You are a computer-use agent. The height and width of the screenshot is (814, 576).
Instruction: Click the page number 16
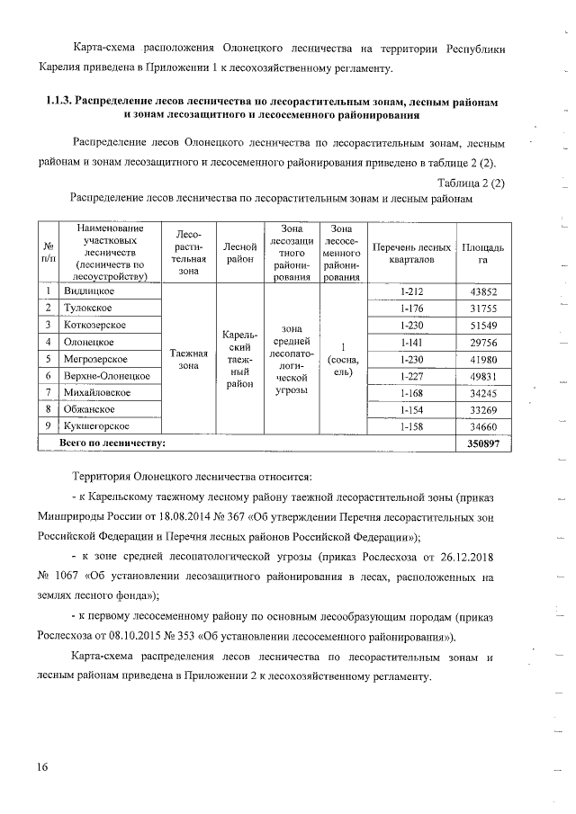pos(42,766)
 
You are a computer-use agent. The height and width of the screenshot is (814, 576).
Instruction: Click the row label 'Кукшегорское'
pos(95,426)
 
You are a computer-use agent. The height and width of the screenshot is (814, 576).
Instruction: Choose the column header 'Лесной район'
pos(240,253)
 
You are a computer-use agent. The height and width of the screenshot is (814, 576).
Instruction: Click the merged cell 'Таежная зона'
pos(188,359)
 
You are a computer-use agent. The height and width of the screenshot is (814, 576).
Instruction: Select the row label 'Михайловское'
pos(96,393)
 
